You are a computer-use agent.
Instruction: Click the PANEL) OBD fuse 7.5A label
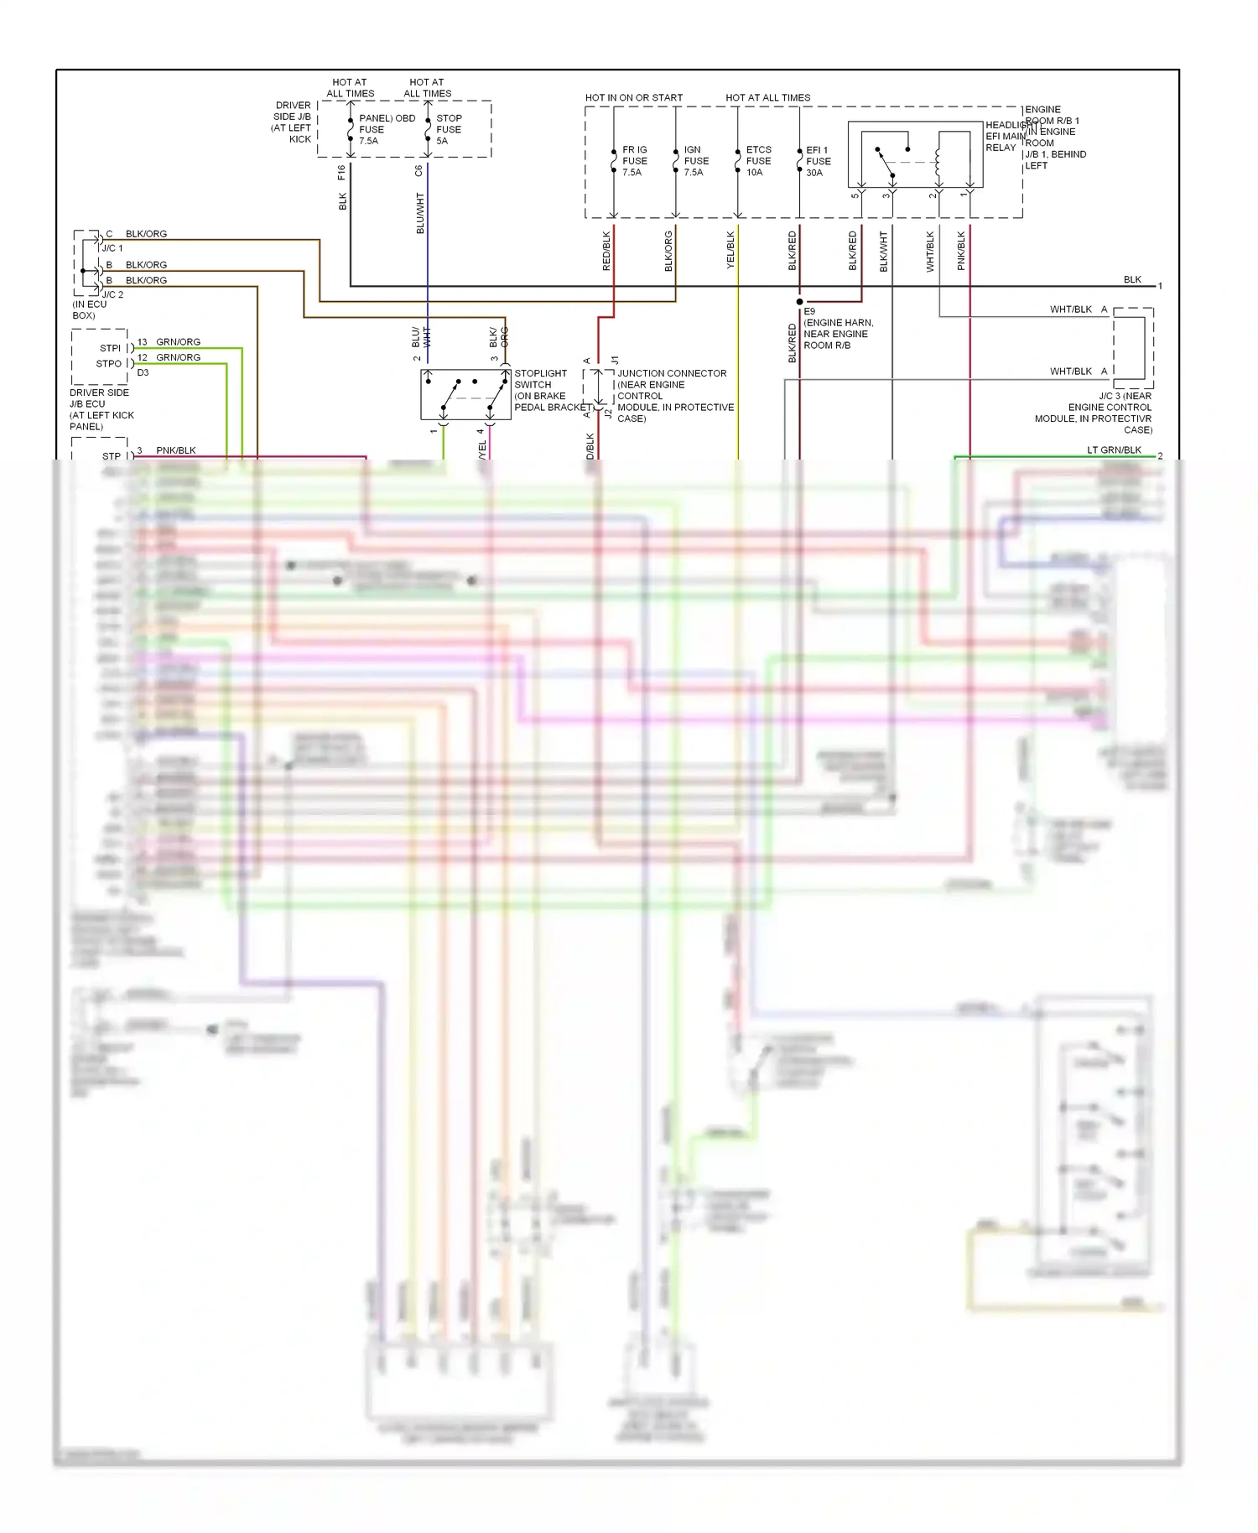[x=386, y=129]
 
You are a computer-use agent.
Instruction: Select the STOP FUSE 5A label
[x=449, y=129]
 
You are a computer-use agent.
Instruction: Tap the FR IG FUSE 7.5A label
[x=634, y=161]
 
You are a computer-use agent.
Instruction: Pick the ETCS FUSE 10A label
[x=758, y=161]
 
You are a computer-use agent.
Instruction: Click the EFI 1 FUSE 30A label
[x=818, y=161]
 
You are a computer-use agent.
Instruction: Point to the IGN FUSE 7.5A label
[x=695, y=161]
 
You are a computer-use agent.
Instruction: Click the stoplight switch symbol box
[x=465, y=394]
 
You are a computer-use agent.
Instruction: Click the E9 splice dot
[x=799, y=301]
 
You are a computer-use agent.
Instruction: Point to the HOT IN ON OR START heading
[x=633, y=98]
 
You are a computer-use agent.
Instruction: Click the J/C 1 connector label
[x=112, y=248]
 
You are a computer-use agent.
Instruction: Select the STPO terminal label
[x=108, y=364]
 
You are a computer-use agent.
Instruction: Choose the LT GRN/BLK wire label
[x=1114, y=450]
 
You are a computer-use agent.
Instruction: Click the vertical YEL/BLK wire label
[x=730, y=250]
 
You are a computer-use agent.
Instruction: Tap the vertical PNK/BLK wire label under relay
[x=961, y=251]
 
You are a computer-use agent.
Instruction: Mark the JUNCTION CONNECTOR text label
[x=672, y=373]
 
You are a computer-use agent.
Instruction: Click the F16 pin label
[x=341, y=173]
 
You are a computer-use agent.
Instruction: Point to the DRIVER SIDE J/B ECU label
[x=99, y=409]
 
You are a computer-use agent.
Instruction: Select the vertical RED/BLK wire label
[x=606, y=251]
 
